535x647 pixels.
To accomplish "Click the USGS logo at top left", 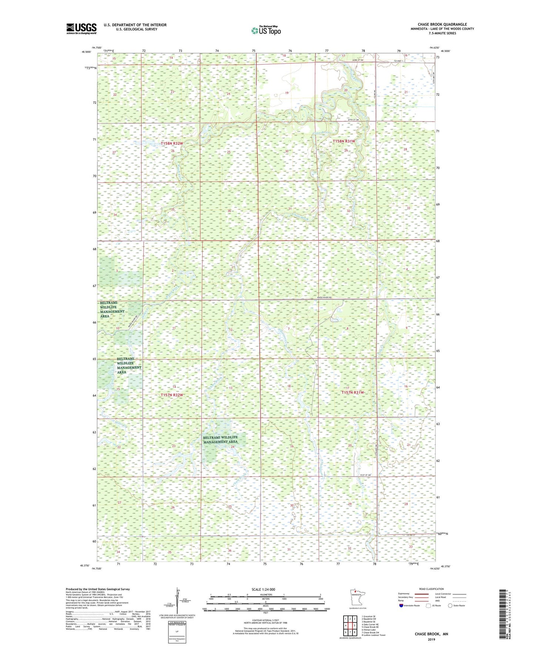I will pos(81,29).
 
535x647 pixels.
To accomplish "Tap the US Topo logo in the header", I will pos(266,30).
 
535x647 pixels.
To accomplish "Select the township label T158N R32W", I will pos(172,143).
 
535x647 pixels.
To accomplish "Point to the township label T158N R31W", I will pos(344,141).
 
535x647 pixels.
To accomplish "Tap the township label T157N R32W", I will pos(172,395).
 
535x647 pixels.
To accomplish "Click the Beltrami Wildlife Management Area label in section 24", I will pos(220,439).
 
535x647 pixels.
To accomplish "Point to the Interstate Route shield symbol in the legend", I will pos(401,605).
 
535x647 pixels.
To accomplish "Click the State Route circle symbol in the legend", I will pos(450,605).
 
